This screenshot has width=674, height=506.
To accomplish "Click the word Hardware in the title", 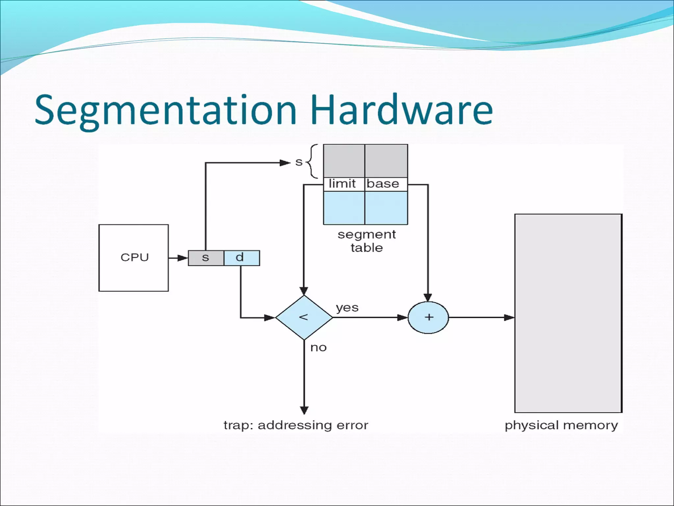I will [401, 110].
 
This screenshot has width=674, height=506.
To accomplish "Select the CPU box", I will [134, 258].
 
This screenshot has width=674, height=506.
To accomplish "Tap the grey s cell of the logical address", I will [206, 258].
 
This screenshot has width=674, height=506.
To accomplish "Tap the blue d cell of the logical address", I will [241, 258].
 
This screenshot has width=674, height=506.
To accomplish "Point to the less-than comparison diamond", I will [304, 317].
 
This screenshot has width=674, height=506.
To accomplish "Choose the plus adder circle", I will [428, 317].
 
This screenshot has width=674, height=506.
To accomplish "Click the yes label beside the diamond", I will [347, 308].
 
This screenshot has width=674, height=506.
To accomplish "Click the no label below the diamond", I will [318, 348].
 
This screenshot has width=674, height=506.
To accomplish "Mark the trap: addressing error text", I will [296, 425].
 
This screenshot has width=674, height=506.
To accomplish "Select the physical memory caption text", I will [561, 425].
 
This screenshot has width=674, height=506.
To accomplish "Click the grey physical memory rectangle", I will [568, 313].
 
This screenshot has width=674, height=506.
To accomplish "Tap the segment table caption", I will [367, 241].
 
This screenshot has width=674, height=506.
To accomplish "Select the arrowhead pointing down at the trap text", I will [304, 410].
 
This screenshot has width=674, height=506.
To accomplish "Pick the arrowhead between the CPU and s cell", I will [182, 258].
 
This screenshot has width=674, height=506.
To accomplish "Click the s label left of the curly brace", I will [298, 162].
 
